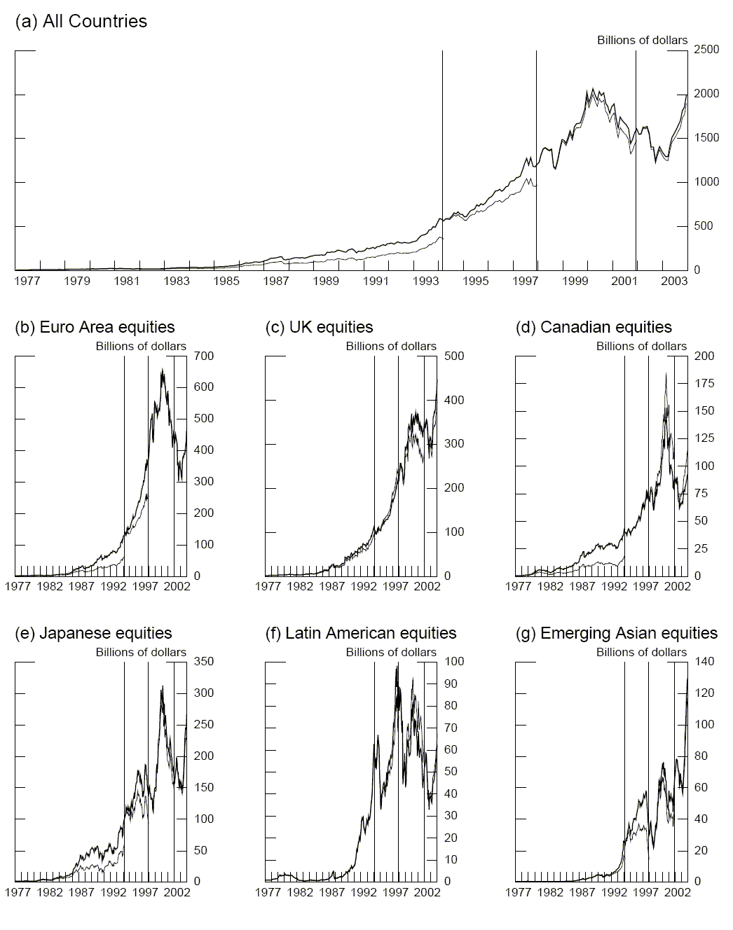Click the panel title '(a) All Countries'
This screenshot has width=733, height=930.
click(81, 22)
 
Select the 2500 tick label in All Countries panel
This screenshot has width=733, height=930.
click(706, 50)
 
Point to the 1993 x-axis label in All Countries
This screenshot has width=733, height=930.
click(426, 282)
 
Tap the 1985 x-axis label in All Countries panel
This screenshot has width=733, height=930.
click(226, 282)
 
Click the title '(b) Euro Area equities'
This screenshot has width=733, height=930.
click(95, 327)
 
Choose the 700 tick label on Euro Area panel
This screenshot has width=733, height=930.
click(204, 356)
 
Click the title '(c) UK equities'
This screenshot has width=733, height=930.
click(320, 327)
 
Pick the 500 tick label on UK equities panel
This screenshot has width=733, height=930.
click(454, 356)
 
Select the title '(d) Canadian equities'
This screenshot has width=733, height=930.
click(594, 327)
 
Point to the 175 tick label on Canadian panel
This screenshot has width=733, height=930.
click(704, 384)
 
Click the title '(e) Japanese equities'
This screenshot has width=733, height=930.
click(93, 633)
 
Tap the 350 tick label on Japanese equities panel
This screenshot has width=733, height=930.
click(204, 662)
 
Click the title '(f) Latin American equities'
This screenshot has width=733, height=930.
click(361, 633)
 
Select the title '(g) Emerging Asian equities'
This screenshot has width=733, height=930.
click(617, 633)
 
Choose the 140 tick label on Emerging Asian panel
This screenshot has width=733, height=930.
click(704, 662)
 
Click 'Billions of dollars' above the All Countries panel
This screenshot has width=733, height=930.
click(642, 41)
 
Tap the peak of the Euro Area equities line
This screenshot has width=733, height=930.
click(162, 369)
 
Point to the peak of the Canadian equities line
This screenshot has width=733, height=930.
click(666, 373)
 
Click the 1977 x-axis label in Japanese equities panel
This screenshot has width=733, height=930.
click(18, 893)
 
